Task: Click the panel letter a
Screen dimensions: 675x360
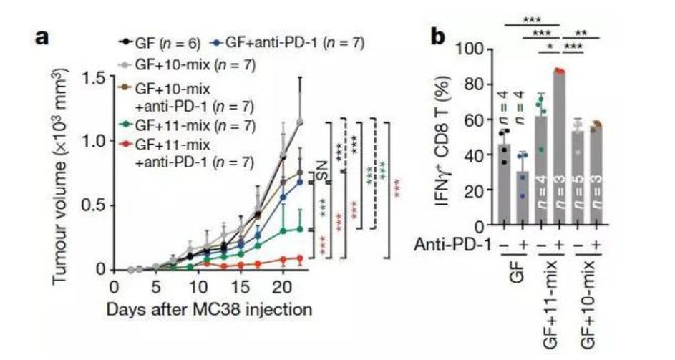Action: (x=42, y=37)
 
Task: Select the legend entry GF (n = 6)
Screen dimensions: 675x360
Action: (x=160, y=43)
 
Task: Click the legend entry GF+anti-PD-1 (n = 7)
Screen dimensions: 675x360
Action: (x=288, y=42)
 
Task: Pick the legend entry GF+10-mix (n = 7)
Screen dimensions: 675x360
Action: (x=188, y=65)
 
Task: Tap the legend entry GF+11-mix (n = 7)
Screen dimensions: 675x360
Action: (x=188, y=126)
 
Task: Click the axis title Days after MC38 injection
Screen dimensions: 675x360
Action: (x=209, y=310)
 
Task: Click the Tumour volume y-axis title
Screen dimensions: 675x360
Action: (x=62, y=176)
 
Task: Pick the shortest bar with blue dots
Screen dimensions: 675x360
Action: (x=523, y=198)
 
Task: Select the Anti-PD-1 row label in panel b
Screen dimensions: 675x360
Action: (x=452, y=245)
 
